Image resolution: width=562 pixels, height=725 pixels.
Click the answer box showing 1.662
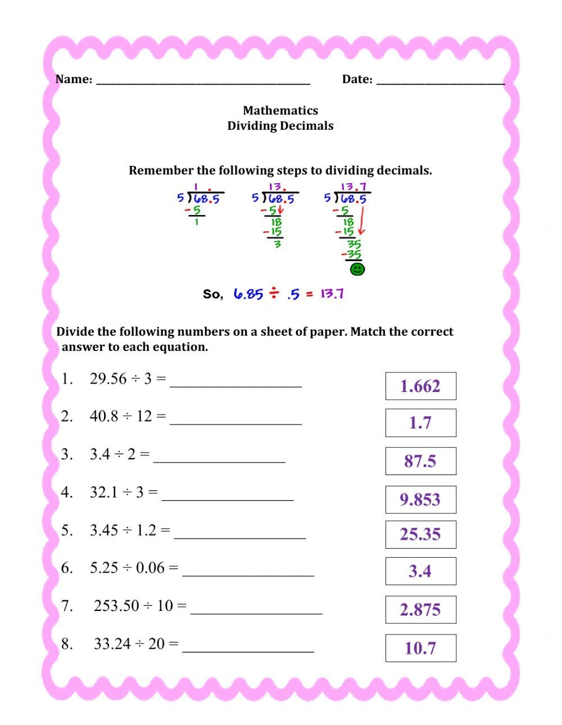(x=420, y=386)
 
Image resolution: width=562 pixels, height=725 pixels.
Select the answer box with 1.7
(x=420, y=422)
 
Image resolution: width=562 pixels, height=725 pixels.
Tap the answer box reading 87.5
(x=420, y=461)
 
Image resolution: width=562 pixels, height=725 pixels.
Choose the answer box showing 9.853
(x=420, y=499)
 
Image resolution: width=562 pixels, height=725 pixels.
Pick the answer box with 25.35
(x=420, y=534)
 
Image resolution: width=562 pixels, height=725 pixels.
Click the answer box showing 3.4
(x=420, y=571)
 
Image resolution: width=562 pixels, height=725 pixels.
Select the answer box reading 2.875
(x=420, y=609)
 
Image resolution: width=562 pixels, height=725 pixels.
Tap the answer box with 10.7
(x=420, y=648)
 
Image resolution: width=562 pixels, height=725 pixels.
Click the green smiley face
(x=357, y=270)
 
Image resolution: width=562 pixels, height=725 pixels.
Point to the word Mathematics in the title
(x=280, y=111)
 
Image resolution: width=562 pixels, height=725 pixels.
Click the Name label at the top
(x=74, y=79)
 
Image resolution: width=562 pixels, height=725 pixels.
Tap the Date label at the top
(x=357, y=79)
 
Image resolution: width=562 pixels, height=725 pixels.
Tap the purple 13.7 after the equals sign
(x=332, y=294)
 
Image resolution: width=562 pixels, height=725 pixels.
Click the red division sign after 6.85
(x=274, y=293)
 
